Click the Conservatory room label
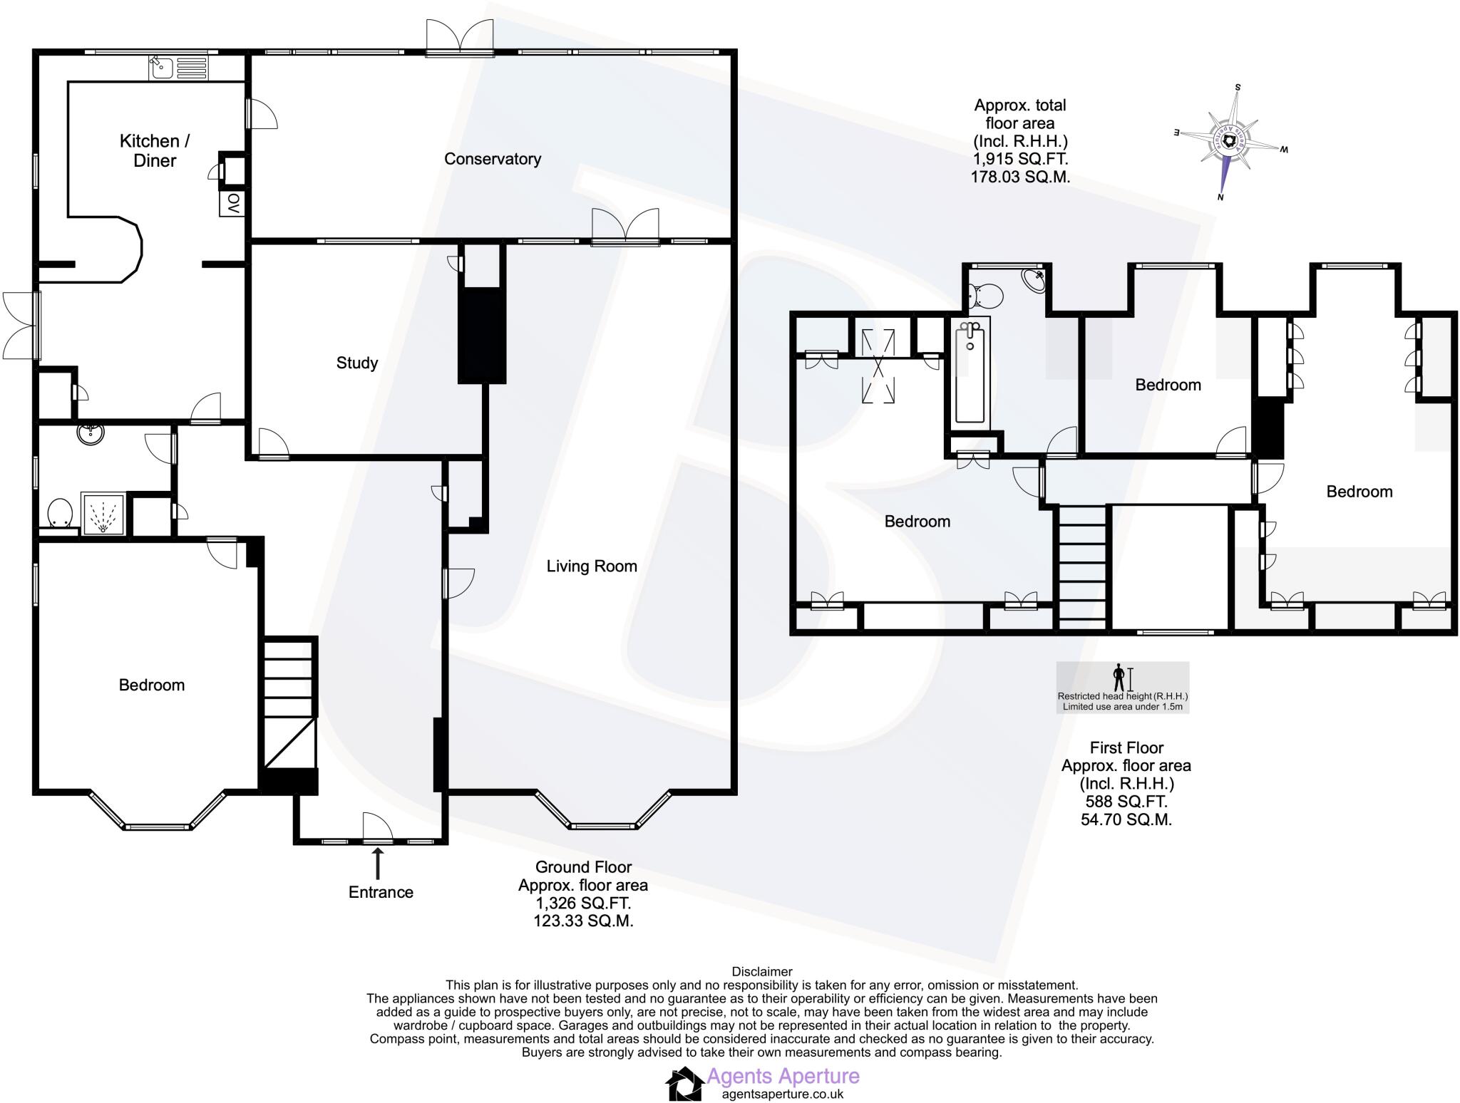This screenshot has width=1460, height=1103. tap(492, 159)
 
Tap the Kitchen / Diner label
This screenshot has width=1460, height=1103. tap(154, 150)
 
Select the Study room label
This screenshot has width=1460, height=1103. tap(356, 363)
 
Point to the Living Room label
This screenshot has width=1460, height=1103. tap(591, 566)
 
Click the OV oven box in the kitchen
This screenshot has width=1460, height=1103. tap(232, 204)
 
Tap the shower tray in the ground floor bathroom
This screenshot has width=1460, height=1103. tap(103, 513)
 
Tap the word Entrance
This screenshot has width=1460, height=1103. tap(381, 892)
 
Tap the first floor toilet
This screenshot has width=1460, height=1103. tap(987, 294)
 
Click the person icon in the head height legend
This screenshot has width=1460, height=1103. tap(1119, 676)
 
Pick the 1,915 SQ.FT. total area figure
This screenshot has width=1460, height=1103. tap(1020, 159)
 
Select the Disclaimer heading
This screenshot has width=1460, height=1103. tap(761, 971)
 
